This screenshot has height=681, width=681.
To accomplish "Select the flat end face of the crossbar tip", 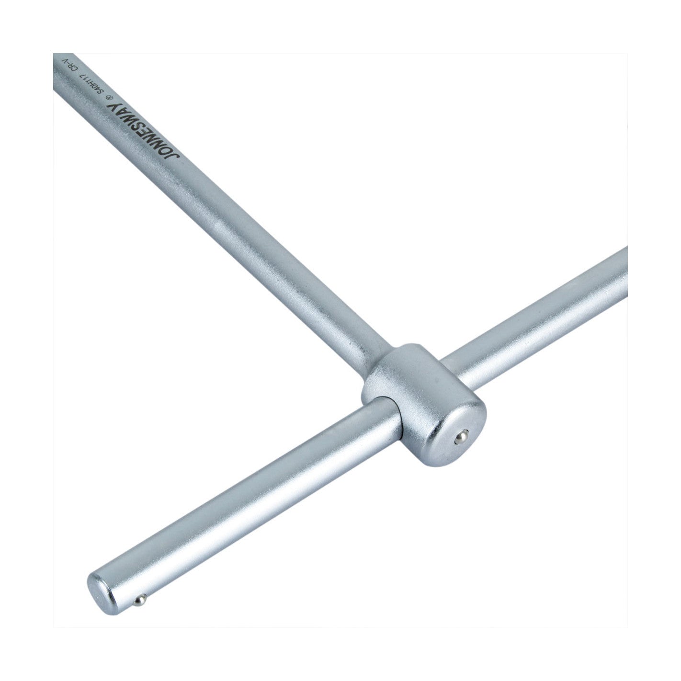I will [x=104, y=591].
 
